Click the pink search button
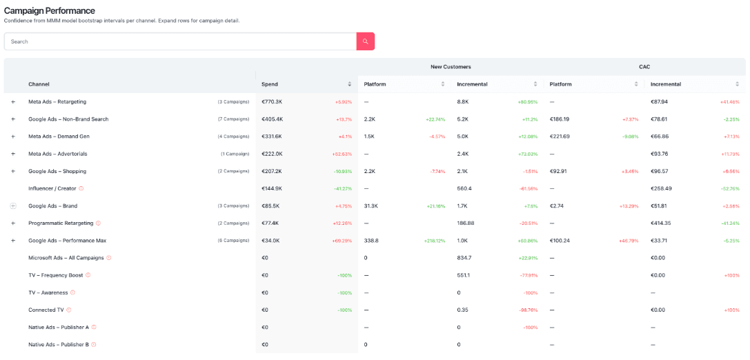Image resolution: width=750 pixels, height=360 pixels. (365, 41)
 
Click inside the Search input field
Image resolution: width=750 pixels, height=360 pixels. (179, 41)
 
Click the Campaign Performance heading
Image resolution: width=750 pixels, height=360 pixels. (50, 11)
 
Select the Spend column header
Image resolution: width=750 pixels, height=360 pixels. (270, 84)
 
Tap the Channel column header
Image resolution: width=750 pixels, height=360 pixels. (39, 84)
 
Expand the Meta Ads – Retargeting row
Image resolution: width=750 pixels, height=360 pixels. (12, 102)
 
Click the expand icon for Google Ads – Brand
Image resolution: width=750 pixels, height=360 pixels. (12, 206)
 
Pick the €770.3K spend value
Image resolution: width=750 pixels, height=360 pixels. (273, 102)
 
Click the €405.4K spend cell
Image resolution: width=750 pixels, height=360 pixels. (273, 119)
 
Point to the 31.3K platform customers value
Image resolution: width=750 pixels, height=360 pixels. (371, 206)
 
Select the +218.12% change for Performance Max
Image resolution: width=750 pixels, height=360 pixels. (435, 241)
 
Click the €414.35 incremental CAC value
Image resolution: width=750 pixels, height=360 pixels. (662, 223)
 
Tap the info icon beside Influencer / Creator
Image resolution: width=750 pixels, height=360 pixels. (81, 188)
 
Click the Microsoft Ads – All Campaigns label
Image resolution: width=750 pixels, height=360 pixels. (66, 258)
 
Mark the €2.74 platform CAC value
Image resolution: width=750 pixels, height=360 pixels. (557, 206)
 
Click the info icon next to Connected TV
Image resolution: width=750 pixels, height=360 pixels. (69, 310)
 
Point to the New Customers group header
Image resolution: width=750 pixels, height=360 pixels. (451, 67)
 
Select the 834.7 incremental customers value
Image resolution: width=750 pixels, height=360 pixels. (464, 258)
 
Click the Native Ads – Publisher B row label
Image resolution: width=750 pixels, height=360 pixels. (58, 345)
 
